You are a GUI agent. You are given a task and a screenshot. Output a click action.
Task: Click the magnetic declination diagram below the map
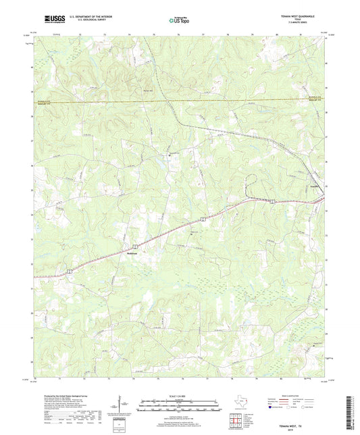point(122,406)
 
